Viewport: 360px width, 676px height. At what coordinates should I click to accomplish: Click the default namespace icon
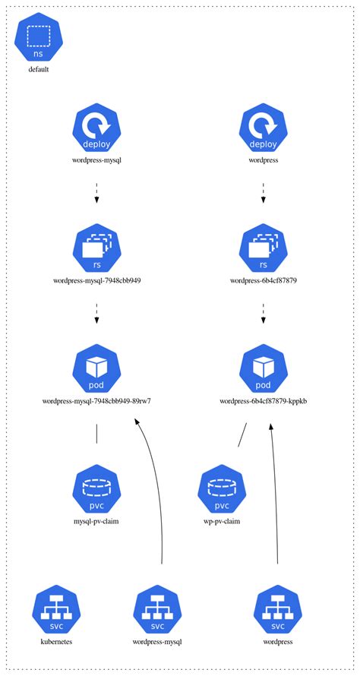pyautogui.click(x=39, y=38)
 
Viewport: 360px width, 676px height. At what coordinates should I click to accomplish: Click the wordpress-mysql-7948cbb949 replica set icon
pyautogui.click(x=97, y=248)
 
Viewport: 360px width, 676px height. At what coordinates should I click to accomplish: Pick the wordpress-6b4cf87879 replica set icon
pyautogui.click(x=264, y=248)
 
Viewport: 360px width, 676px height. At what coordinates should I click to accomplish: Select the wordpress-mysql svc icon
pyautogui.click(x=157, y=611)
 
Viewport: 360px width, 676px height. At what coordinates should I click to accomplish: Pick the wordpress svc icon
pyautogui.click(x=277, y=611)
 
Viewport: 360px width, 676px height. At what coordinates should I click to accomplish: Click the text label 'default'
pyautogui.click(x=39, y=71)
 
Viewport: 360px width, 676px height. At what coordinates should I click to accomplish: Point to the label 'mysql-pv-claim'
pyautogui.click(x=97, y=522)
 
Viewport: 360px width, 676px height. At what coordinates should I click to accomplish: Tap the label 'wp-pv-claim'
pyautogui.click(x=222, y=522)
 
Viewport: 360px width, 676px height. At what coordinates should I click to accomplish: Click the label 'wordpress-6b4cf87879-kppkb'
pyautogui.click(x=264, y=401)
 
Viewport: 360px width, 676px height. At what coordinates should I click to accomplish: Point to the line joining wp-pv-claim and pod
pyautogui.click(x=242, y=434)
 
